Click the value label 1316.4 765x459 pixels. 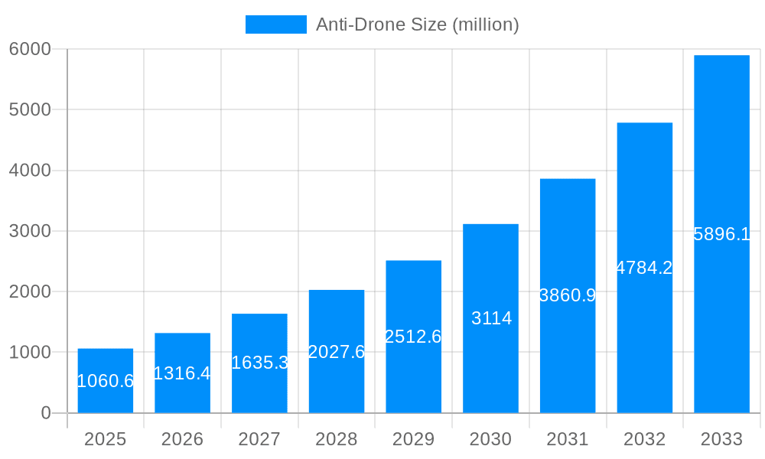pyautogui.click(x=182, y=373)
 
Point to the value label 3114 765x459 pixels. pyautogui.click(x=491, y=319)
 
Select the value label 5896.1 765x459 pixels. pyautogui.click(x=721, y=235)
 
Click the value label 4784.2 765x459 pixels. pyautogui.click(x=644, y=268)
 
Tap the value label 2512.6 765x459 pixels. pyautogui.click(x=413, y=337)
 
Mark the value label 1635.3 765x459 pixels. pyautogui.click(x=259, y=363)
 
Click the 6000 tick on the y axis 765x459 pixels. pyautogui.click(x=30, y=49)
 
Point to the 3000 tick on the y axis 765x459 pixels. pyautogui.click(x=30, y=231)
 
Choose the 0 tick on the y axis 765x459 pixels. pyautogui.click(x=45, y=413)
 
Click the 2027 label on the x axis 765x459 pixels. pyautogui.click(x=259, y=439)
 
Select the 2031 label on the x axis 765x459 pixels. pyautogui.click(x=568, y=439)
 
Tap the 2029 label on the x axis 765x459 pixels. pyautogui.click(x=413, y=439)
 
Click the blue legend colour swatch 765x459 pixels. pyautogui.click(x=275, y=24)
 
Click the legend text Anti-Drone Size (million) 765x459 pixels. pyautogui.click(x=418, y=24)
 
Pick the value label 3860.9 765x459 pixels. pyautogui.click(x=568, y=295)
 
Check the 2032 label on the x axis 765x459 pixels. pyautogui.click(x=644, y=439)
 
